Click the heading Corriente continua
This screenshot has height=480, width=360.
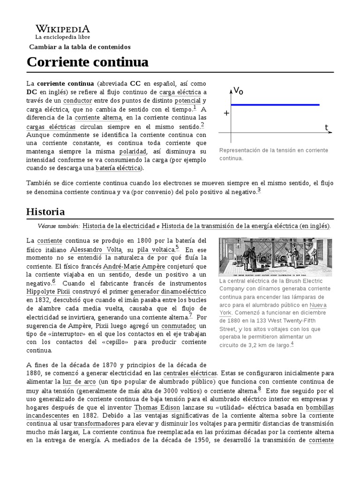[x=88, y=62]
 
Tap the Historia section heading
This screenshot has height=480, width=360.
[x=45, y=211]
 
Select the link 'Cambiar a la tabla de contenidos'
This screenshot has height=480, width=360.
[x=80, y=47]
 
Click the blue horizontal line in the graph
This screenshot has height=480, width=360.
[x=275, y=105]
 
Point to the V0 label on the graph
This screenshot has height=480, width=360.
[x=238, y=90]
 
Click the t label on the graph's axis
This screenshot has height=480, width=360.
[x=326, y=127]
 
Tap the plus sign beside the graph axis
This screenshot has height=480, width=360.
[x=226, y=113]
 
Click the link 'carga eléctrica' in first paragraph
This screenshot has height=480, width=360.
[x=180, y=92]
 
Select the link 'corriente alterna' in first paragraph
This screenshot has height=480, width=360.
[x=98, y=117]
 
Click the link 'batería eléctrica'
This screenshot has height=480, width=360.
[x=118, y=168]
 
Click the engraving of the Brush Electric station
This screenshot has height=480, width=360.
[x=275, y=256]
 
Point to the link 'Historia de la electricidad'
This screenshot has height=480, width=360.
[x=119, y=226]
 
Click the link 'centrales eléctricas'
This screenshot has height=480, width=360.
[x=190, y=374]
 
